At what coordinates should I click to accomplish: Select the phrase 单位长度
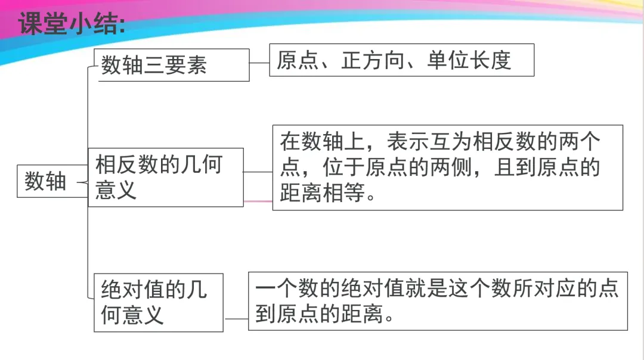tap(469, 61)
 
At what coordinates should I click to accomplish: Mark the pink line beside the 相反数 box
tap(258, 201)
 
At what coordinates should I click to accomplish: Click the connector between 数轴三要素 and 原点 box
tap(259, 63)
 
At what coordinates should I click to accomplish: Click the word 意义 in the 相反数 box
tap(116, 190)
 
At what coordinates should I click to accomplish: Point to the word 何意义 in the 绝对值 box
tap(132, 315)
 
